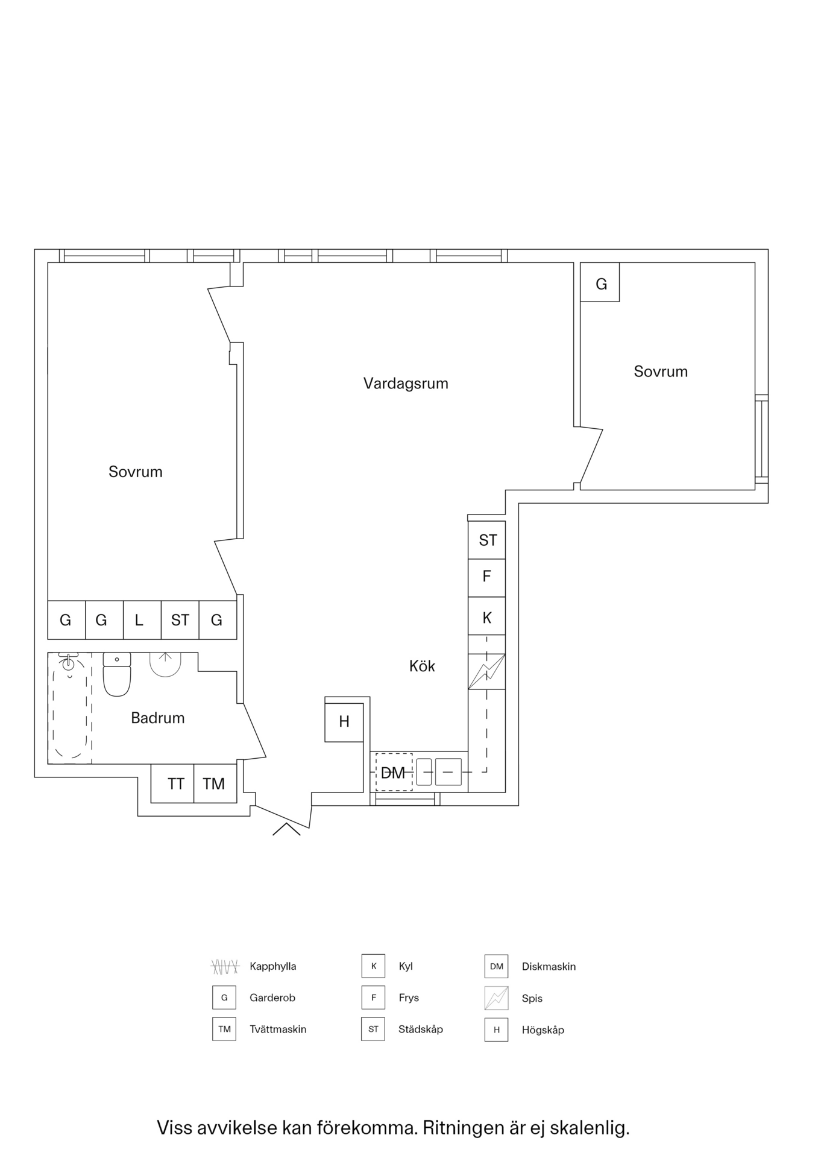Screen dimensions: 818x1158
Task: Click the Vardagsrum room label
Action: [406, 384]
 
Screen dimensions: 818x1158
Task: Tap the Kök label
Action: [422, 666]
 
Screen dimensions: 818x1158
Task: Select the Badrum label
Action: [157, 718]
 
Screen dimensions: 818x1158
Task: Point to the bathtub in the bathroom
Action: [70, 708]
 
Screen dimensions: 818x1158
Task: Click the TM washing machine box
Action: [215, 784]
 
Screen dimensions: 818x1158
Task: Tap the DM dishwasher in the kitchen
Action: [394, 772]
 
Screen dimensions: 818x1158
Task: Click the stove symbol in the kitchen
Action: [487, 671]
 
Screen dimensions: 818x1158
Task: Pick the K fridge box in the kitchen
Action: [487, 617]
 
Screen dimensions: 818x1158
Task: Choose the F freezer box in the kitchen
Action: [487, 577]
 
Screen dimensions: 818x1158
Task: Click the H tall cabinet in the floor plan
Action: [344, 721]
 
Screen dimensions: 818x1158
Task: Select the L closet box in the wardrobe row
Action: [139, 620]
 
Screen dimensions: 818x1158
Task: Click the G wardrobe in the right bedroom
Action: [600, 283]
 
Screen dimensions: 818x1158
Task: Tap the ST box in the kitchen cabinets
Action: [487, 540]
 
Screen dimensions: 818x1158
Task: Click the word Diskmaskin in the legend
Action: [549, 966]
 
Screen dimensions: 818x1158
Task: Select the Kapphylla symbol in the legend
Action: [225, 966]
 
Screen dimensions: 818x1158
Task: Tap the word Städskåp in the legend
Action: [420, 1029]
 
